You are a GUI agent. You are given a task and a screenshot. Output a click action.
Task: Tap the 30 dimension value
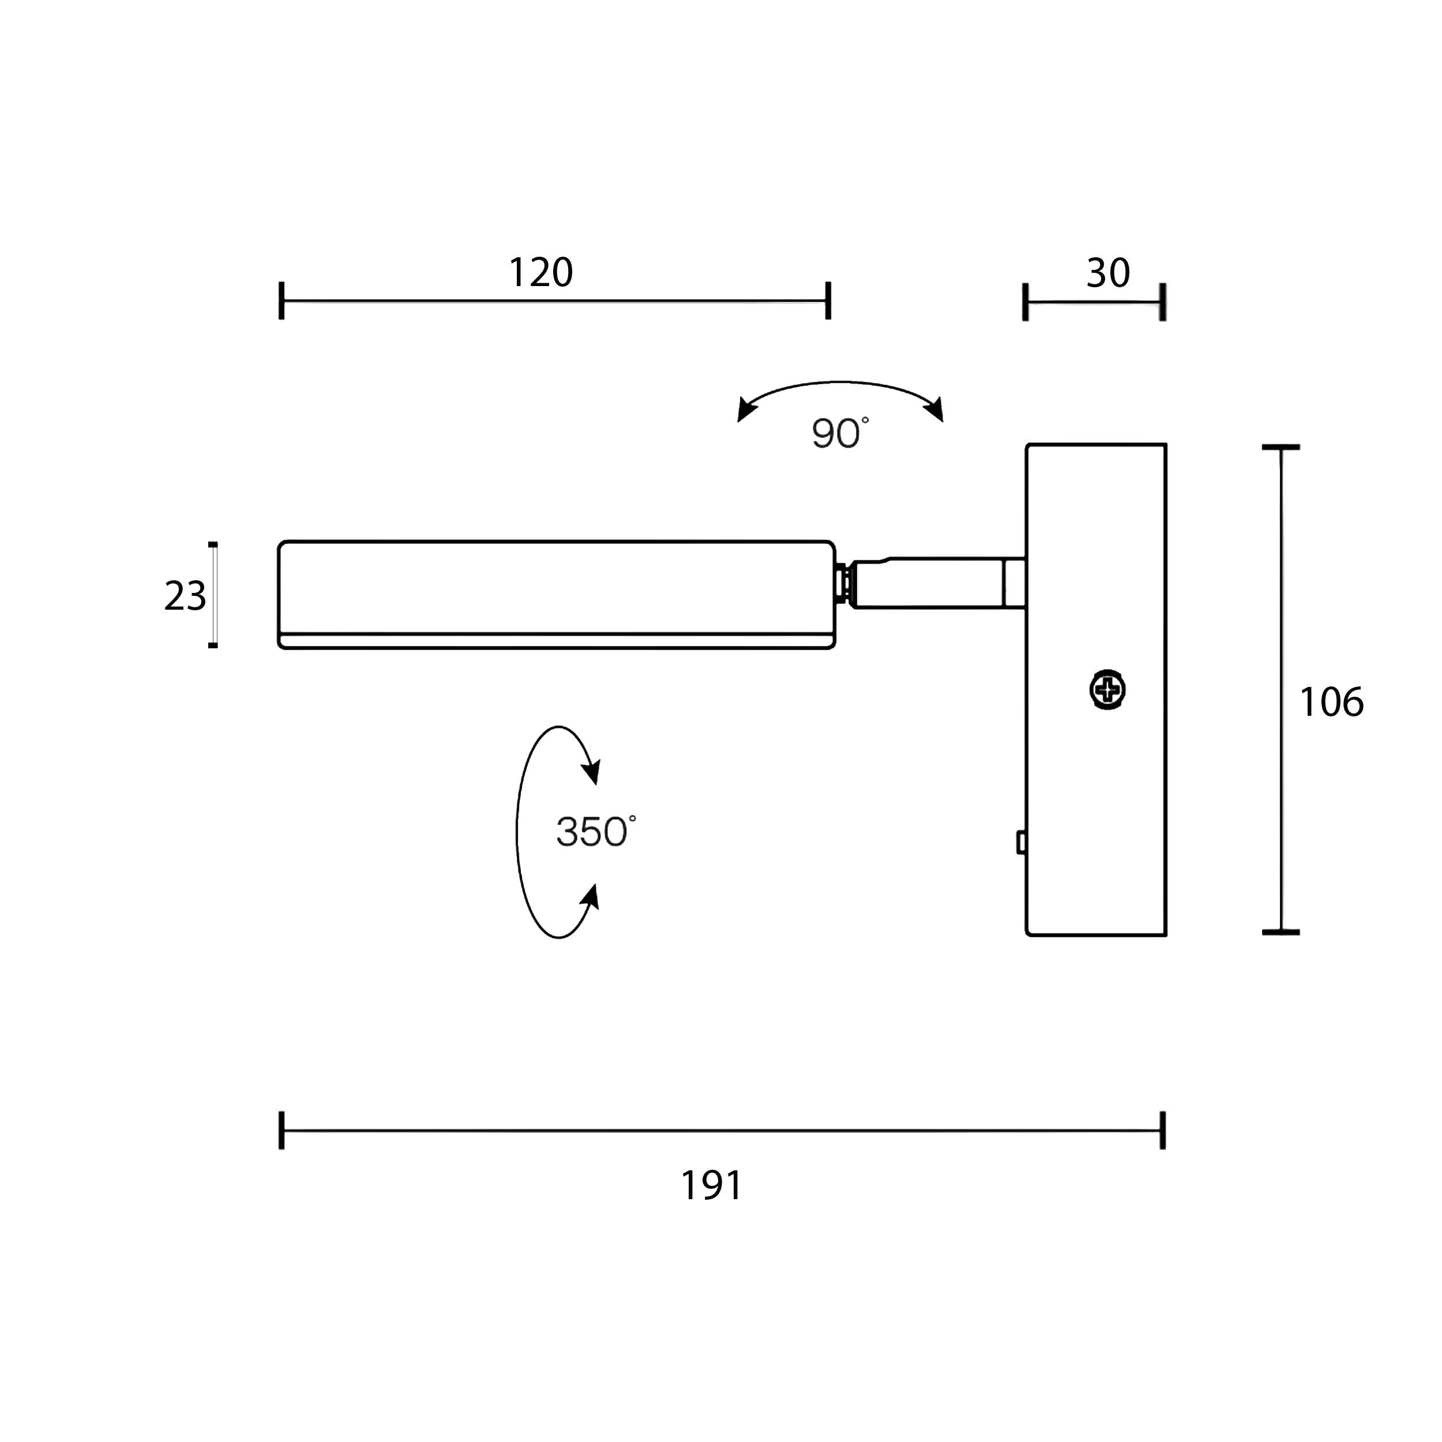1109,273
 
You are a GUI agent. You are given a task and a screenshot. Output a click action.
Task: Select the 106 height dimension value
1331,703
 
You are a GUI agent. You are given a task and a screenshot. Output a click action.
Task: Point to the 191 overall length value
712,1185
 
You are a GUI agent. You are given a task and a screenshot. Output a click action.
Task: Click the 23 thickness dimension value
185,596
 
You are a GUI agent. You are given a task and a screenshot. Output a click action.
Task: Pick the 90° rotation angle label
840,434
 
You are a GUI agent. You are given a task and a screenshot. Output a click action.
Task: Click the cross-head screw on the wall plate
1107,690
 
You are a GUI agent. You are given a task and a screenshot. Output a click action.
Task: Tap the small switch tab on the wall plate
1021,843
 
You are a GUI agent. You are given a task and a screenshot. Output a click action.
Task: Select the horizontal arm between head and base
939,583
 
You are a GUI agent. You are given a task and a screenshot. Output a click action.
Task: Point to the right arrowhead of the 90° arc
934,409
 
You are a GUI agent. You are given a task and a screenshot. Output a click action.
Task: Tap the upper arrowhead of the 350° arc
591,769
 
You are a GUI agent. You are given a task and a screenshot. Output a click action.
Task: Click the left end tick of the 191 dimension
281,1130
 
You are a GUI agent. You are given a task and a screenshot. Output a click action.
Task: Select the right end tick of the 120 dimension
828,301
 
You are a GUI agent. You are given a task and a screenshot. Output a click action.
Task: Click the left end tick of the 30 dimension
1026,302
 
